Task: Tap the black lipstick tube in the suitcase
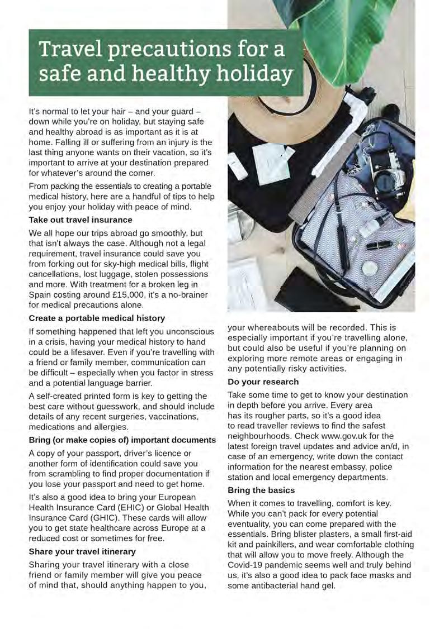(x=380, y=245)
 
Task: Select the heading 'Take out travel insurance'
(x=81, y=220)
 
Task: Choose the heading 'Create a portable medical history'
(x=97, y=318)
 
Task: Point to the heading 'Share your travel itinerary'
(x=82, y=551)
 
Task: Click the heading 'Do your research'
(x=263, y=382)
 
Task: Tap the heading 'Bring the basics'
(x=261, y=490)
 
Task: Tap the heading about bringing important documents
(x=122, y=440)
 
